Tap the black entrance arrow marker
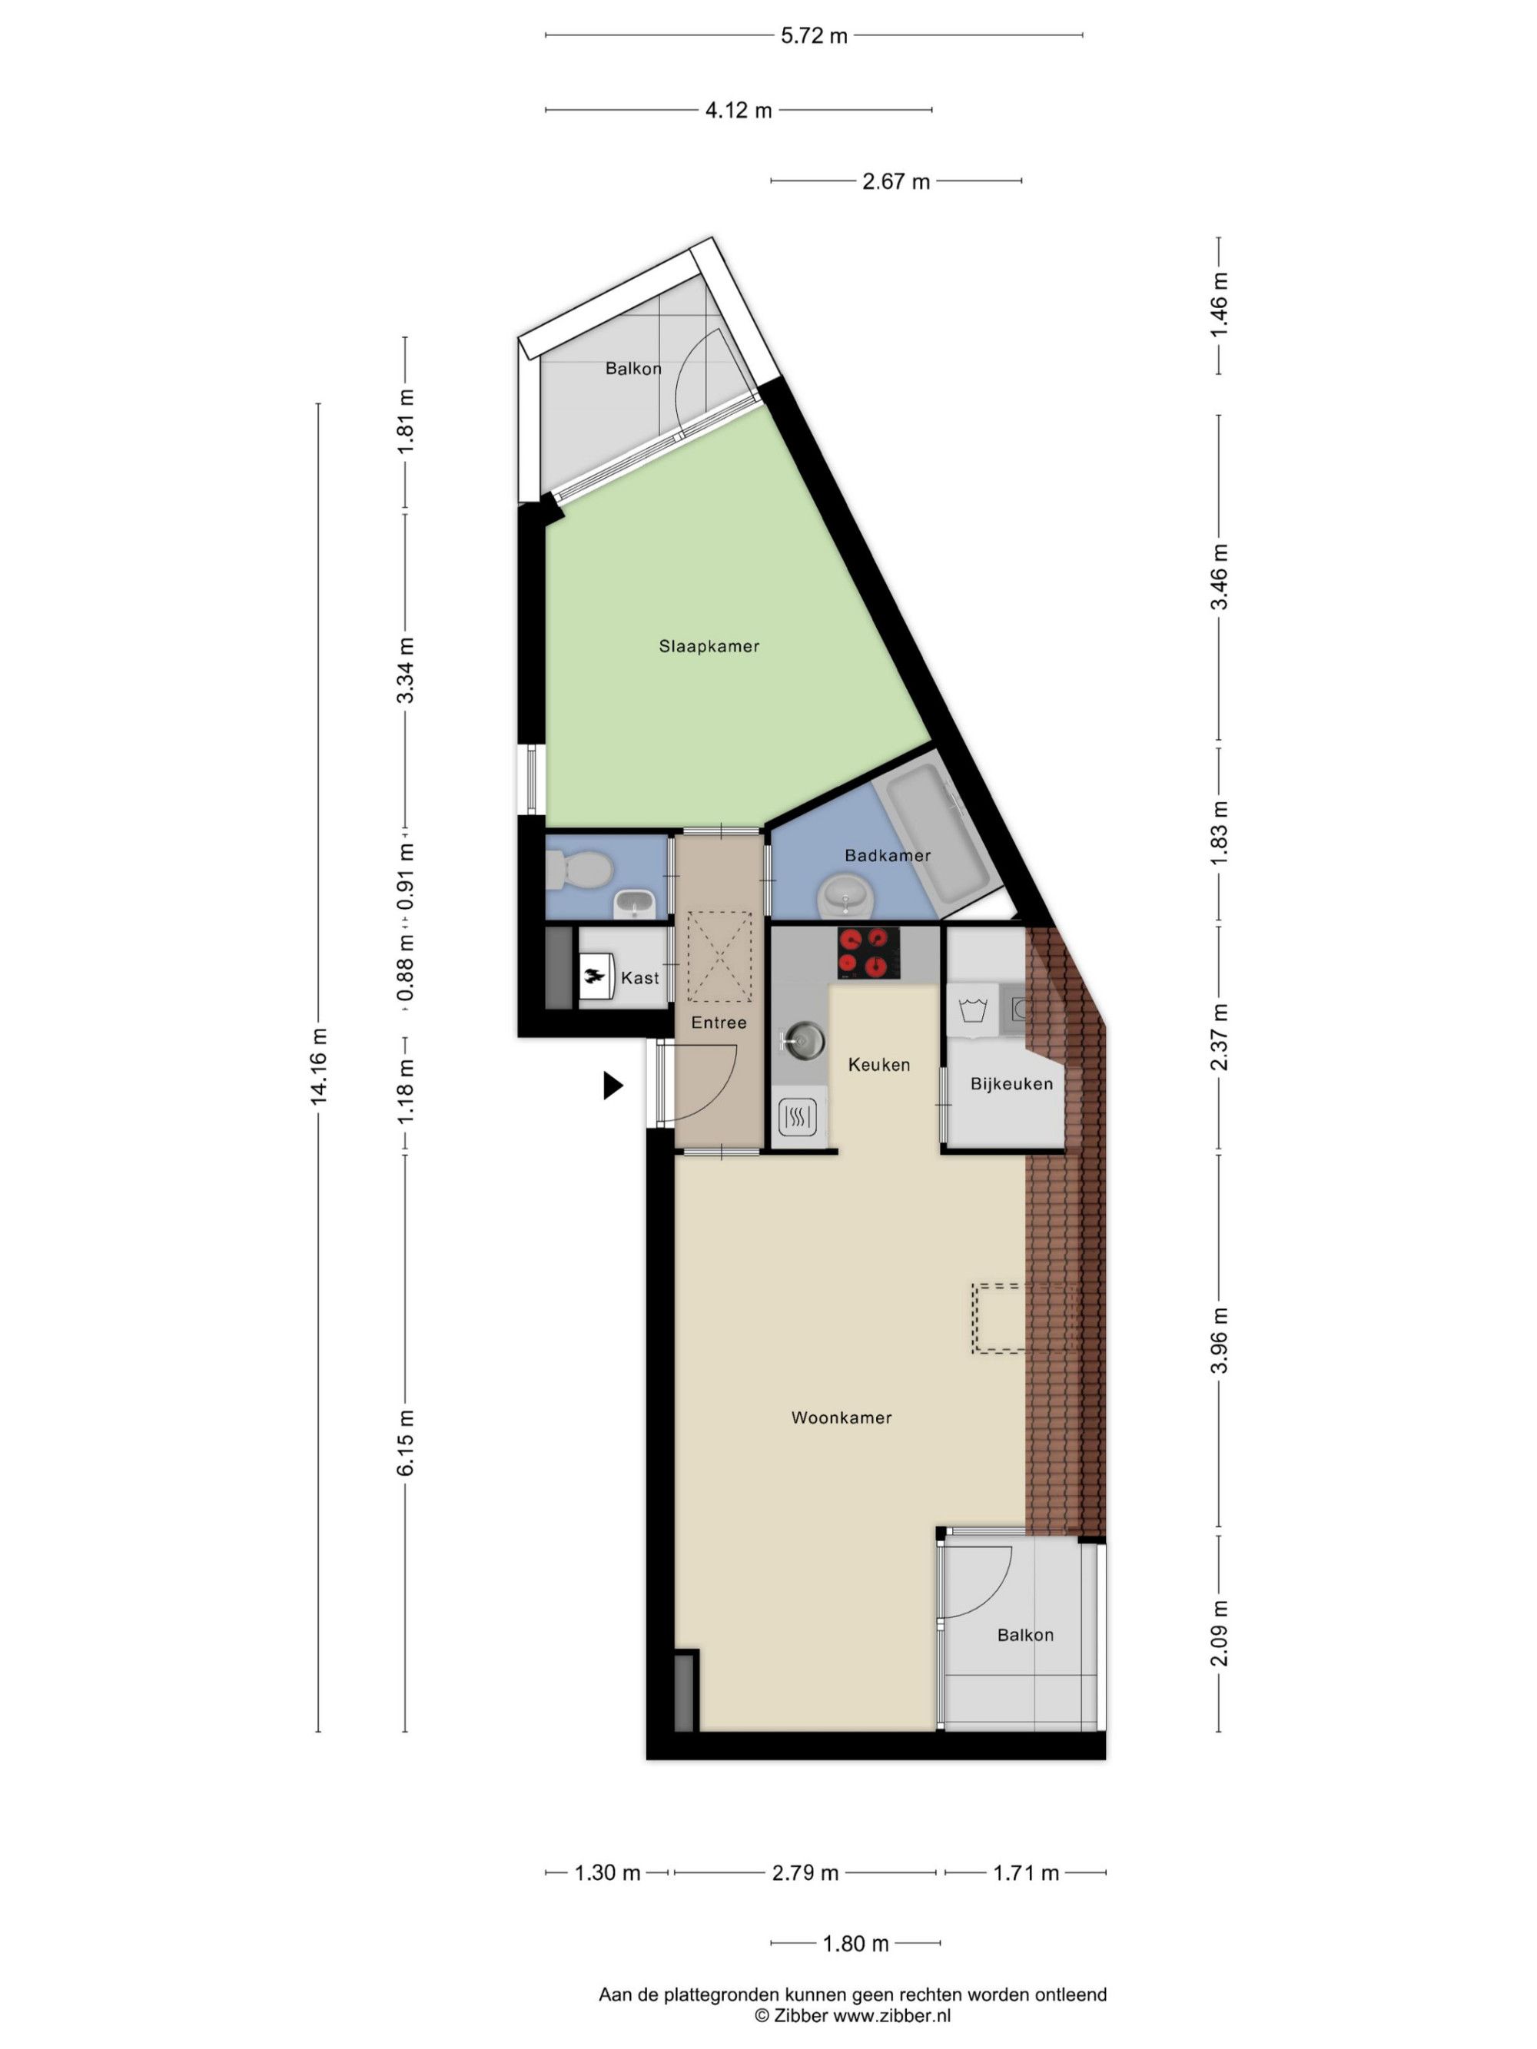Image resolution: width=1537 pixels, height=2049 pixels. coord(612,1085)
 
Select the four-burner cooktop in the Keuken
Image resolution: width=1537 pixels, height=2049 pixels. coord(868,953)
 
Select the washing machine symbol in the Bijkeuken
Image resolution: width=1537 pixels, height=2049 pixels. coord(972,1010)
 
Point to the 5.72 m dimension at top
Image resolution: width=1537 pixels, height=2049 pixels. coord(813,36)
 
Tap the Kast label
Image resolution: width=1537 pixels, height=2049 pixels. coord(640,978)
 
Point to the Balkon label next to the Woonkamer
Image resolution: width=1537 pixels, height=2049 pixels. coord(1024,1635)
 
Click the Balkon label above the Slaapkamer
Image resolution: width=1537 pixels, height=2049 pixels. coord(634,369)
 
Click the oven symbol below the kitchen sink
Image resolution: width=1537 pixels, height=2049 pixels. coord(798,1117)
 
